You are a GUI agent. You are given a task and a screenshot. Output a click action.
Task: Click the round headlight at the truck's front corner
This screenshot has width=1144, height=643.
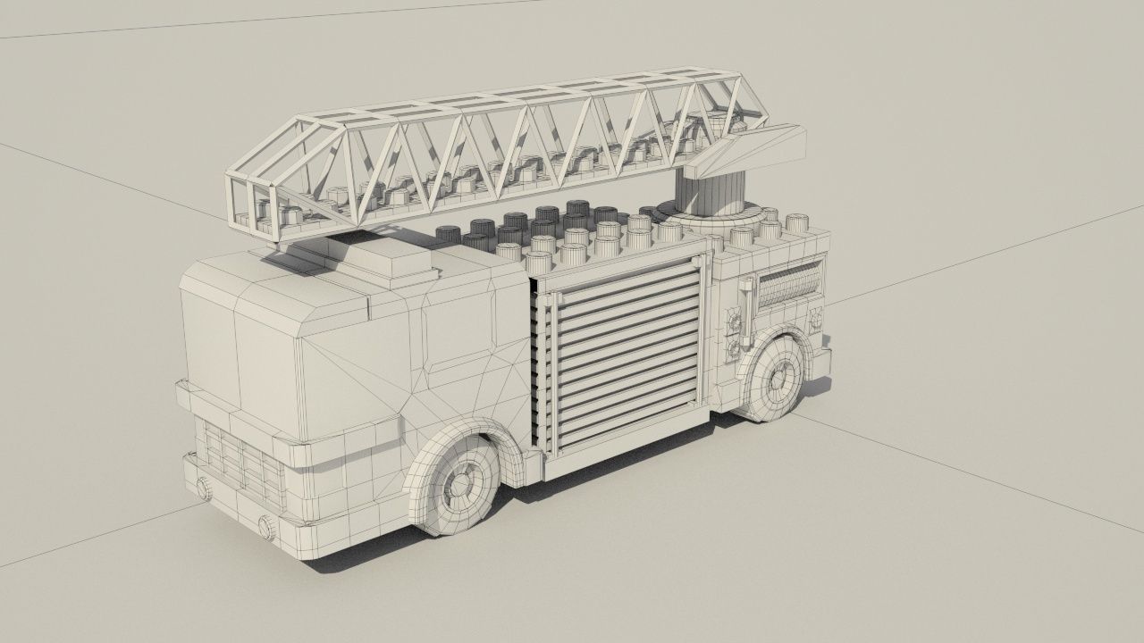click(x=204, y=488)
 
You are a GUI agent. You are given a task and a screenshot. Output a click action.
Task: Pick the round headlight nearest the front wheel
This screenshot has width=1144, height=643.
click(x=265, y=525)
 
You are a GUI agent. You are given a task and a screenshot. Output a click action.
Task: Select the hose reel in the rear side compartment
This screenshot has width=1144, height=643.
click(x=788, y=288)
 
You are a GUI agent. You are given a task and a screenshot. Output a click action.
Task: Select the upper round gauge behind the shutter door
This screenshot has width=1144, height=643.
click(x=736, y=320)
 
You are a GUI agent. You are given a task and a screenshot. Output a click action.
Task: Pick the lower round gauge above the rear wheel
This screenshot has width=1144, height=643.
click(x=733, y=347)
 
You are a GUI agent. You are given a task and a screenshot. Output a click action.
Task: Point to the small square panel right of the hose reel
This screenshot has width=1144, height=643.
click(x=815, y=316)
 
